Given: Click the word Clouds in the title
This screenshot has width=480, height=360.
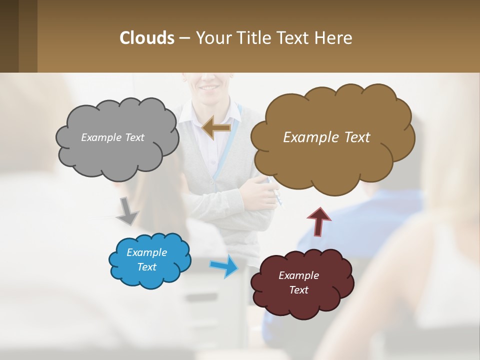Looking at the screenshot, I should point(146,38).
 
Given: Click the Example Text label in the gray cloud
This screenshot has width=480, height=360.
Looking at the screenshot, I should point(112,137).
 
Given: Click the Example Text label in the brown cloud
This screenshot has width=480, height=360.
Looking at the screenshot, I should point(326,137).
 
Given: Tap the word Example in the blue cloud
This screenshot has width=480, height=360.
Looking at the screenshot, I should point(146,252).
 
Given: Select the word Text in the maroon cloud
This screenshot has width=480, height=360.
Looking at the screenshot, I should point(298,290).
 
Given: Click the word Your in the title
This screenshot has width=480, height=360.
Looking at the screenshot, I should point(212,38).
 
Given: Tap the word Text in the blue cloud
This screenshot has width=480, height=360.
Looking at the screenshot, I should point(146,267).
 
